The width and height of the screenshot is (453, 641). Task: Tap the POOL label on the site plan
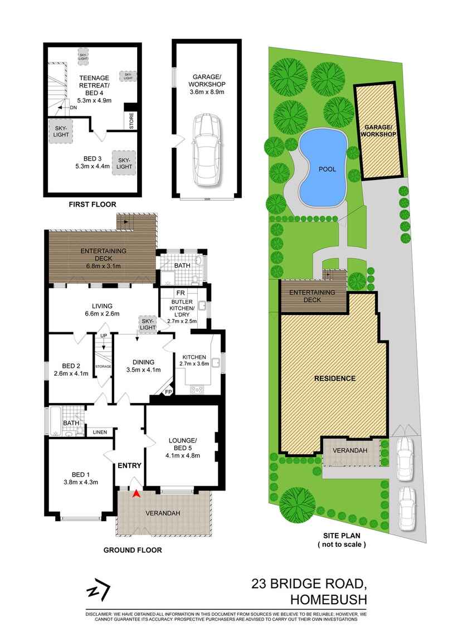(327, 169)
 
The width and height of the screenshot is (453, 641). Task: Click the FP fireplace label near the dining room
(168, 392)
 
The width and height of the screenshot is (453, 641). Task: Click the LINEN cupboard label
(100, 432)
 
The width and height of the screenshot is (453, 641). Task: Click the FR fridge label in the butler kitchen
(181, 293)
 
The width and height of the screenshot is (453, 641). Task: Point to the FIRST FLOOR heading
(91, 205)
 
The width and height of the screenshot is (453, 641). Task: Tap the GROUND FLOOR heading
(133, 550)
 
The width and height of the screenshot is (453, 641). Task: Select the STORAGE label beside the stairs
(104, 366)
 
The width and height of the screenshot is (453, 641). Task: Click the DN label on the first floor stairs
(73, 108)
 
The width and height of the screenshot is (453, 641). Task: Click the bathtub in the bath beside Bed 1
(55, 422)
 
